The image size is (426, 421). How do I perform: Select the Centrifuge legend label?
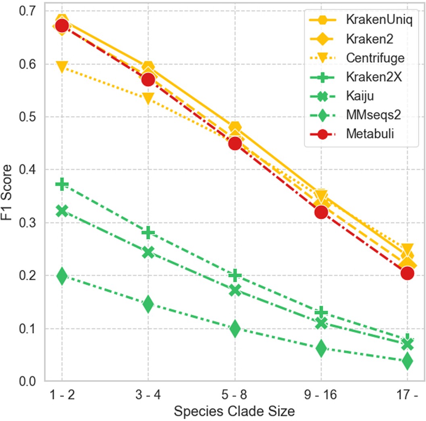(x=375, y=58)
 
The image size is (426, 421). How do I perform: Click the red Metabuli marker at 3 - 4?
(x=148, y=80)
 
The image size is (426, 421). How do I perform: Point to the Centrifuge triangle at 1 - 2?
(x=62, y=67)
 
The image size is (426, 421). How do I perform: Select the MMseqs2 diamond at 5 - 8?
(x=235, y=329)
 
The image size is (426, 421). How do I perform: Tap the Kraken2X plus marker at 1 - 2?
(x=62, y=185)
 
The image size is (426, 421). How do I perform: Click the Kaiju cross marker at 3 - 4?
(x=148, y=253)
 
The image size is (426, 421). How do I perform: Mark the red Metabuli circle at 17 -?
(x=407, y=273)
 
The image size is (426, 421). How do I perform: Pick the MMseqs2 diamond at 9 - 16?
(x=321, y=348)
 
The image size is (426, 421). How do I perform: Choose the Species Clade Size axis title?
(x=234, y=411)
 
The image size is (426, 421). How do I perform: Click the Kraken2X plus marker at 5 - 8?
(x=235, y=275)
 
